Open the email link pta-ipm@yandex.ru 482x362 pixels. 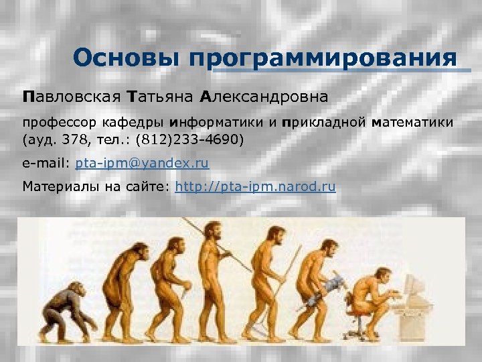[142, 164]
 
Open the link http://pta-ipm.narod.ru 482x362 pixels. [254, 187]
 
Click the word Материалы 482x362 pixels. [61, 187]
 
